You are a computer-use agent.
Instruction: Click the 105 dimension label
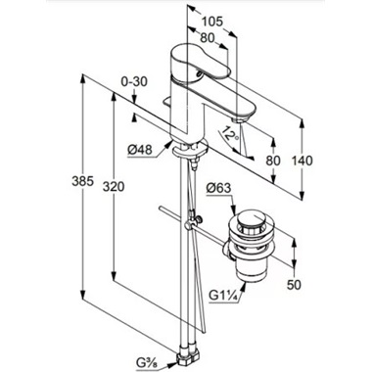[211, 22]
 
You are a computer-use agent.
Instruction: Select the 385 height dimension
[82, 181]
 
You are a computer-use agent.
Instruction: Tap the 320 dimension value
[114, 187]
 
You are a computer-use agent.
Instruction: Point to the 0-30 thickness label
[134, 81]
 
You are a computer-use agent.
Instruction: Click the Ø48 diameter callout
[140, 150]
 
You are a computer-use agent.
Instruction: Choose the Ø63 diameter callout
[218, 188]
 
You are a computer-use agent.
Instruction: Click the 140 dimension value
[302, 161]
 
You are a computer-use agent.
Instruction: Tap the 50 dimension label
[294, 285]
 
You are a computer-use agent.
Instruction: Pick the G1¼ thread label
[223, 296]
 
